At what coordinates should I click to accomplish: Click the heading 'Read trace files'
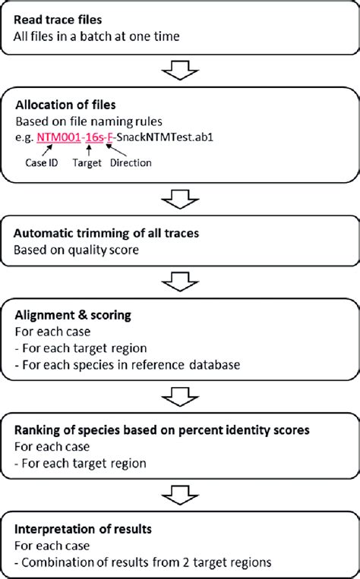tap(58, 20)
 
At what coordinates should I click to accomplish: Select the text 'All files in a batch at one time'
tap(96, 36)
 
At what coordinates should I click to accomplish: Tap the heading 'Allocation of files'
tap(65, 105)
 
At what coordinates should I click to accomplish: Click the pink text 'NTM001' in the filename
tap(58, 137)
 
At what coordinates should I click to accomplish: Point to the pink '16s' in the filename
tap(95, 137)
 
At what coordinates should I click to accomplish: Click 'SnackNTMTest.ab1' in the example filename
tap(165, 137)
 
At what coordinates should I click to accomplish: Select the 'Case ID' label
tap(42, 163)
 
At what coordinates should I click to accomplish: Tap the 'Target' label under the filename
tap(87, 163)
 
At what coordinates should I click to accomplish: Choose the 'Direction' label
tap(131, 163)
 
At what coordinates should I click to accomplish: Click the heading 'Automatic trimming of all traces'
tap(106, 234)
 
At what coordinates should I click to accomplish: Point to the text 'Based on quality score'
tap(76, 250)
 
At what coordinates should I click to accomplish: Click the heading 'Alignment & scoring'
tap(73, 316)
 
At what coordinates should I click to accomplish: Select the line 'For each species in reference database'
tap(128, 365)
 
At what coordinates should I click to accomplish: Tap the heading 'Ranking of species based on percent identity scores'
tap(162, 430)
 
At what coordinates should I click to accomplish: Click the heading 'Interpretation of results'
tap(83, 529)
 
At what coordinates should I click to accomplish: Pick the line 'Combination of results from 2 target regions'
tap(143, 562)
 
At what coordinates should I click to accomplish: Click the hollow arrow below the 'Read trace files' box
tap(180, 70)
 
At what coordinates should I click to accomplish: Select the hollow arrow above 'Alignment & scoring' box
tap(180, 282)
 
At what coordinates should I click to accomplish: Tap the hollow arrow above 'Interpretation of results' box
tap(180, 496)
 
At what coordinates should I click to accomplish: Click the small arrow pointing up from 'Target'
tap(88, 150)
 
